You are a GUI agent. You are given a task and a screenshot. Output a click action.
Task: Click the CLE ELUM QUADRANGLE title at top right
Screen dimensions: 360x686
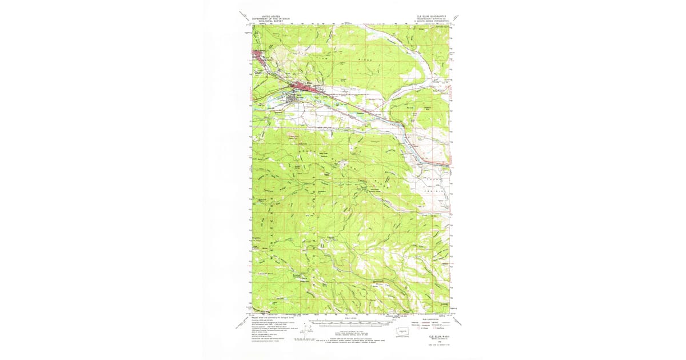coord(429,17)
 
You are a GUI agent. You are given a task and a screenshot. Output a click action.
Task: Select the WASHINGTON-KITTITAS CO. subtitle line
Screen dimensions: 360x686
coord(429,19)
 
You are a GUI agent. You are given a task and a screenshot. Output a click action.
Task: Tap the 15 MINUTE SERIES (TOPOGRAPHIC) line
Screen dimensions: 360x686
coord(429,21)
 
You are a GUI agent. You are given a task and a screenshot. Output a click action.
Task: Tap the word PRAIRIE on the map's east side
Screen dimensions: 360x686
coord(438,191)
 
